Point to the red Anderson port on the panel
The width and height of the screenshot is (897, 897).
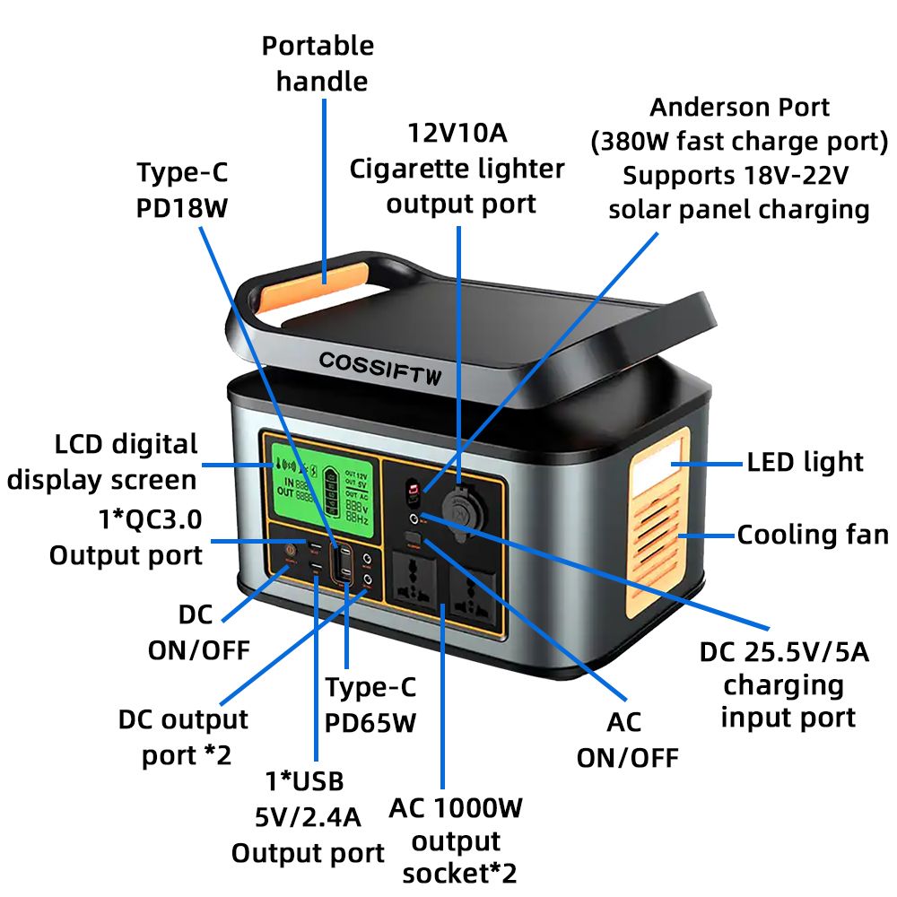pos(414,492)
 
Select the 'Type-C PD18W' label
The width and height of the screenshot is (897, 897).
pos(182,189)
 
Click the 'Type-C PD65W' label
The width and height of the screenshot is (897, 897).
pos(370,704)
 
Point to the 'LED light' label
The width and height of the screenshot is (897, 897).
pos(805,462)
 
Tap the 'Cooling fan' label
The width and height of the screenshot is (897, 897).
pos(813,536)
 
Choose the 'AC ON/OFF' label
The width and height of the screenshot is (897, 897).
pos(627,739)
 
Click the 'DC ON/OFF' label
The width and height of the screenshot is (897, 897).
pos(198,631)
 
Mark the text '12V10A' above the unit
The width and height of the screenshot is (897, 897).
pos(457,135)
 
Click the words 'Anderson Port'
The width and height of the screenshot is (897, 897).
pos(739,108)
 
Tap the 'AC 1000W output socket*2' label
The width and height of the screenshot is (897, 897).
pos(456,840)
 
